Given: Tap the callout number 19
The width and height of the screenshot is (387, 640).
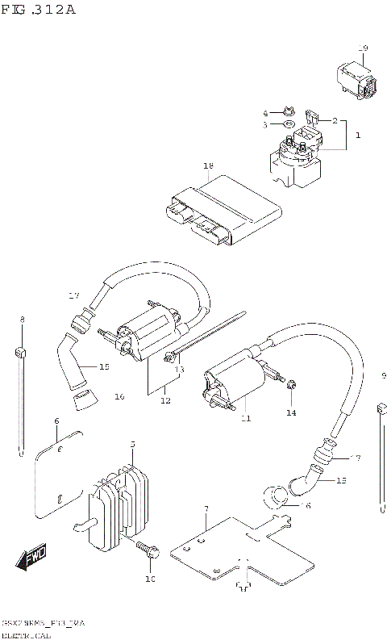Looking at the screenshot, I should coord(363,48).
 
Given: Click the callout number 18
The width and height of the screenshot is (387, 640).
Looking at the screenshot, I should coord(208,165).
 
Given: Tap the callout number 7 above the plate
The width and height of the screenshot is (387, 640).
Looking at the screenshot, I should coord(206,509).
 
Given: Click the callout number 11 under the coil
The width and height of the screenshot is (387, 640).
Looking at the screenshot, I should coord(245,419).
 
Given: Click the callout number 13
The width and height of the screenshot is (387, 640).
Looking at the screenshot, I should coord(180,369).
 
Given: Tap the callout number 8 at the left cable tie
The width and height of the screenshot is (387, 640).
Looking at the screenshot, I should coord(22,320).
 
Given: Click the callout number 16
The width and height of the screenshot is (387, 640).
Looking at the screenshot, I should coord(119,396).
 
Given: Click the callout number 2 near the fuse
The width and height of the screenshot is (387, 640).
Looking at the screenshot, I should coord(334,120).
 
